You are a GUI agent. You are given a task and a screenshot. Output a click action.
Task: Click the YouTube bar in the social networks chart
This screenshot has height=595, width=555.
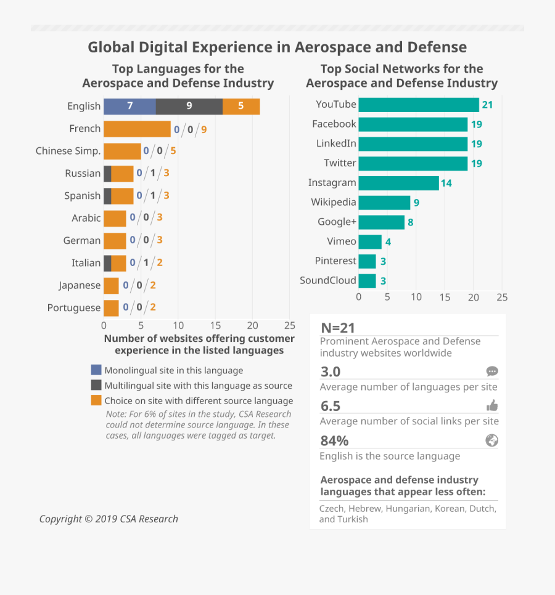[418, 105]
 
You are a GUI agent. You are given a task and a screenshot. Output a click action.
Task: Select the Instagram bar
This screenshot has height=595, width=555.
[398, 183]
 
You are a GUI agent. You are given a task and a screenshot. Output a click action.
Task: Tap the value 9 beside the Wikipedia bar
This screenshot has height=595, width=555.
[416, 203]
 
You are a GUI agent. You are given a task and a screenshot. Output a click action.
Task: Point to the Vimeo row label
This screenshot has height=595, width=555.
[342, 241]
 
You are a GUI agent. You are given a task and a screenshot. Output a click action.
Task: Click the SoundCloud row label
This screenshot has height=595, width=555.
[328, 280]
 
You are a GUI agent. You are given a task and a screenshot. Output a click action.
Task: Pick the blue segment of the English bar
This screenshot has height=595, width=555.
[129, 106]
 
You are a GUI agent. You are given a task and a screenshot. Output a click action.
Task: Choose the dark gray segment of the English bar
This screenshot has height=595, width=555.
[189, 106]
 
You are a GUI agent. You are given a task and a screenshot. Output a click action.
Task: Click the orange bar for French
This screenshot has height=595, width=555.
[137, 129]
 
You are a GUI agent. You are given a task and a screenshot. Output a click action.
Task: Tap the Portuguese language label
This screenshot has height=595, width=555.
[74, 308]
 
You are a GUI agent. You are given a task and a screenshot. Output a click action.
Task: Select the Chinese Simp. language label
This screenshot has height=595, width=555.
[68, 151]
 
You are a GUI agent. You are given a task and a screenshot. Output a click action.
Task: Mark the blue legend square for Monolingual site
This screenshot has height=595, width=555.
[96, 370]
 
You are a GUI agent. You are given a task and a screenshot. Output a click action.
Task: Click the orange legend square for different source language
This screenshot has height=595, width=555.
[96, 401]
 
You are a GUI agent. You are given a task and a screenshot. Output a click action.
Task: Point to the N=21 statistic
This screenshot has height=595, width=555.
[338, 328]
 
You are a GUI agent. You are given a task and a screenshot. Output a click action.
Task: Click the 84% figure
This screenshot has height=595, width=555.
[334, 440]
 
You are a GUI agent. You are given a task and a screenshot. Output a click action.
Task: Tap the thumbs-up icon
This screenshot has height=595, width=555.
[492, 405]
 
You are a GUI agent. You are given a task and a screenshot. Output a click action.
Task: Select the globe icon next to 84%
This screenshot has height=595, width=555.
[492, 440]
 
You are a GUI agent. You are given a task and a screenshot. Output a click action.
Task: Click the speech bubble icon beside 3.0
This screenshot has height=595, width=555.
[492, 371]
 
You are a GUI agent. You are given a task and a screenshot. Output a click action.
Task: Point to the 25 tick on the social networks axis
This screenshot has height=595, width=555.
[502, 297]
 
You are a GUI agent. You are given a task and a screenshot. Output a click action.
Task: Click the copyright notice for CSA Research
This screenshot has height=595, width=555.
[109, 519]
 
